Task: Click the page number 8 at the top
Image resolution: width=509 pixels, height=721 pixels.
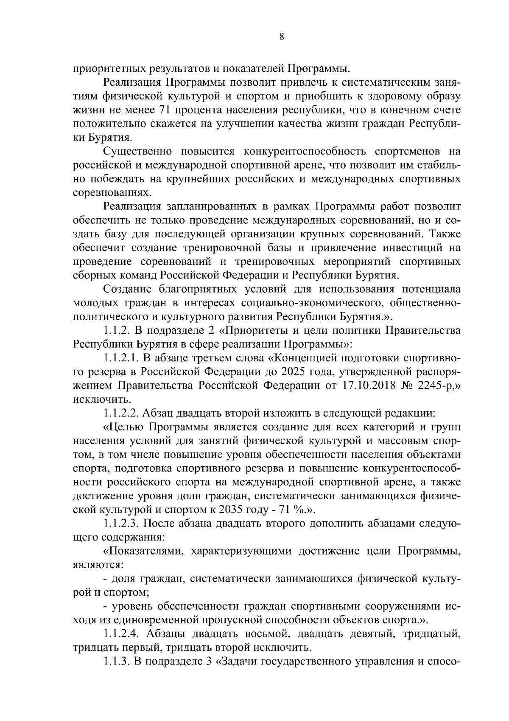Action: (281, 37)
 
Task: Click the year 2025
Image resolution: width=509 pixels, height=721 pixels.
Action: (290, 372)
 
